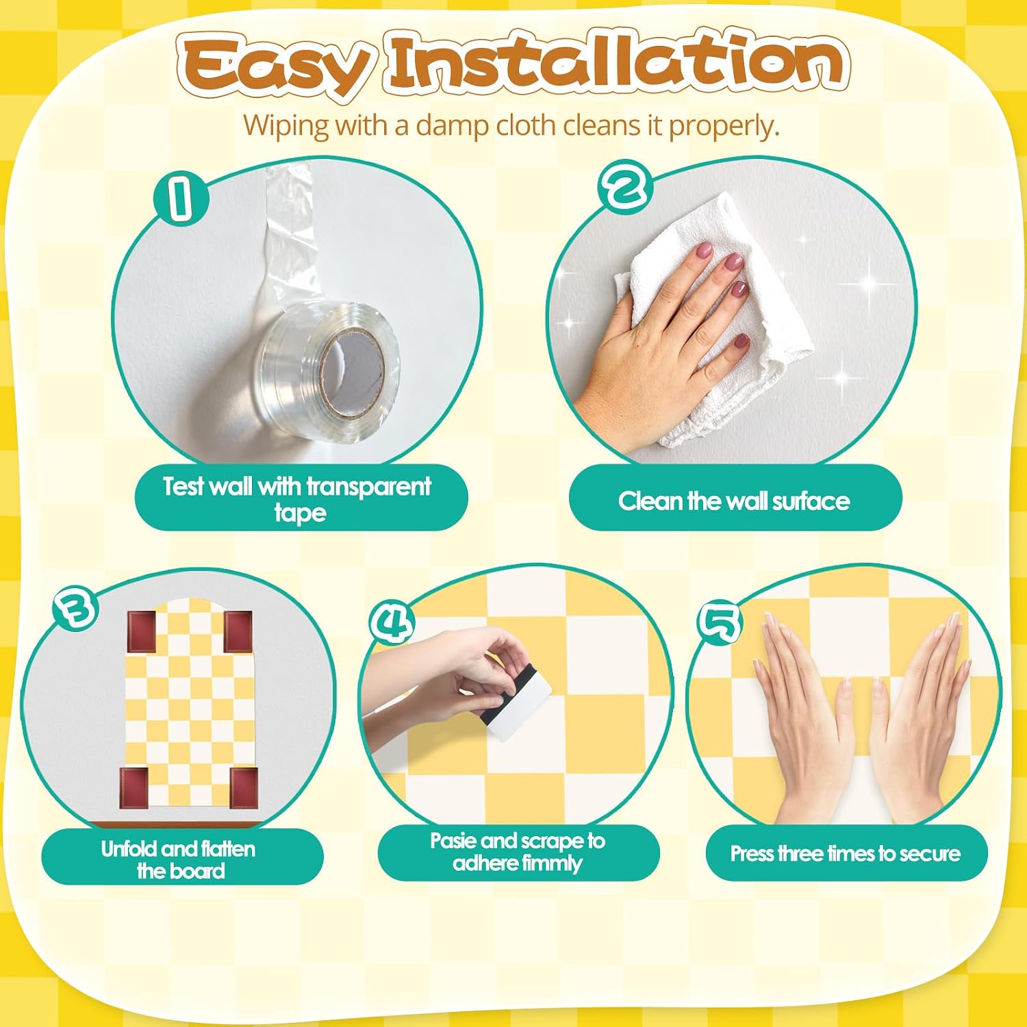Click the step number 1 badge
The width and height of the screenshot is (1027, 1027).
tap(180, 198)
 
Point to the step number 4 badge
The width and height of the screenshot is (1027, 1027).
tap(392, 622)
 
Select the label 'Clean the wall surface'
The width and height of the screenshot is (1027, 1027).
tap(734, 501)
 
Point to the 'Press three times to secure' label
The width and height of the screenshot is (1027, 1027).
tap(846, 853)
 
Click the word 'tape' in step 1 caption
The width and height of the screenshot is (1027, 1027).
tap(300, 513)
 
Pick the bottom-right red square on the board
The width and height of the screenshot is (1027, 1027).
tap(244, 787)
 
